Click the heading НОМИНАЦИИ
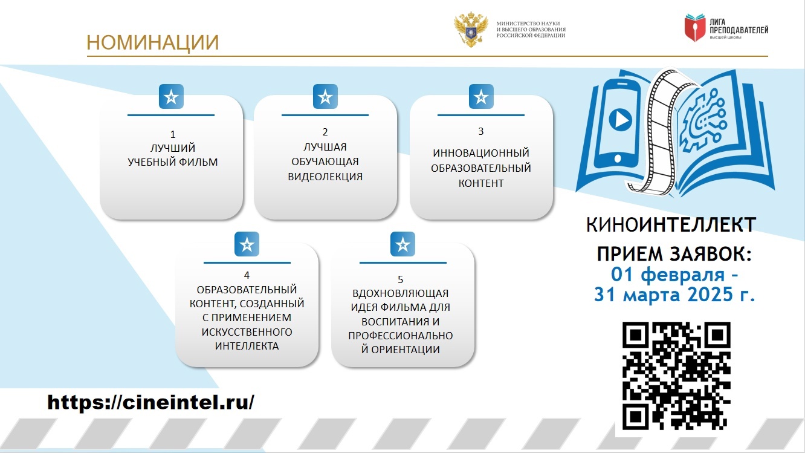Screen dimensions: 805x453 tap(153, 42)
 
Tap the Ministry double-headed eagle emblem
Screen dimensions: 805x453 tap(471, 30)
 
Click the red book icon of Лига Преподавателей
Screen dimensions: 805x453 tap(695, 28)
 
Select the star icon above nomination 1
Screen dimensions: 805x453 tap(172, 97)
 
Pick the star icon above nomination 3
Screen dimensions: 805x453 tap(481, 97)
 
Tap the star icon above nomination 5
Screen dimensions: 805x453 tap(403, 244)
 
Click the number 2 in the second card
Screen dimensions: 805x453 tap(325, 132)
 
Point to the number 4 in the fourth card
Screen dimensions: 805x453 tap(247, 275)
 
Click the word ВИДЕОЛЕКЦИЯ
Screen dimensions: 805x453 tap(325, 177)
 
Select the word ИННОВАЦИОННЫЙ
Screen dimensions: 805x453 tap(481, 153)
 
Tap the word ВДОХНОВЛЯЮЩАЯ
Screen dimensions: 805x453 tap(400, 293)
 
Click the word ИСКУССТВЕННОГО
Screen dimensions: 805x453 tap(247, 331)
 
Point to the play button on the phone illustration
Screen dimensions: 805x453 tap(620, 119)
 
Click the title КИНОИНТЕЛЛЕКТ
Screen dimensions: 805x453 tap(671, 225)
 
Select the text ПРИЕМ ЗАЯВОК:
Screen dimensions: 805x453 tap(674, 254)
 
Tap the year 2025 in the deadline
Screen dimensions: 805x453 tap(710, 295)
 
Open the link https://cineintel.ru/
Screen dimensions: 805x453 tap(151, 402)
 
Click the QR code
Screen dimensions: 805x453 tap(676, 376)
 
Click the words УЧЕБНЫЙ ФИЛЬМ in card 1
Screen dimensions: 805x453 tap(173, 162)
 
